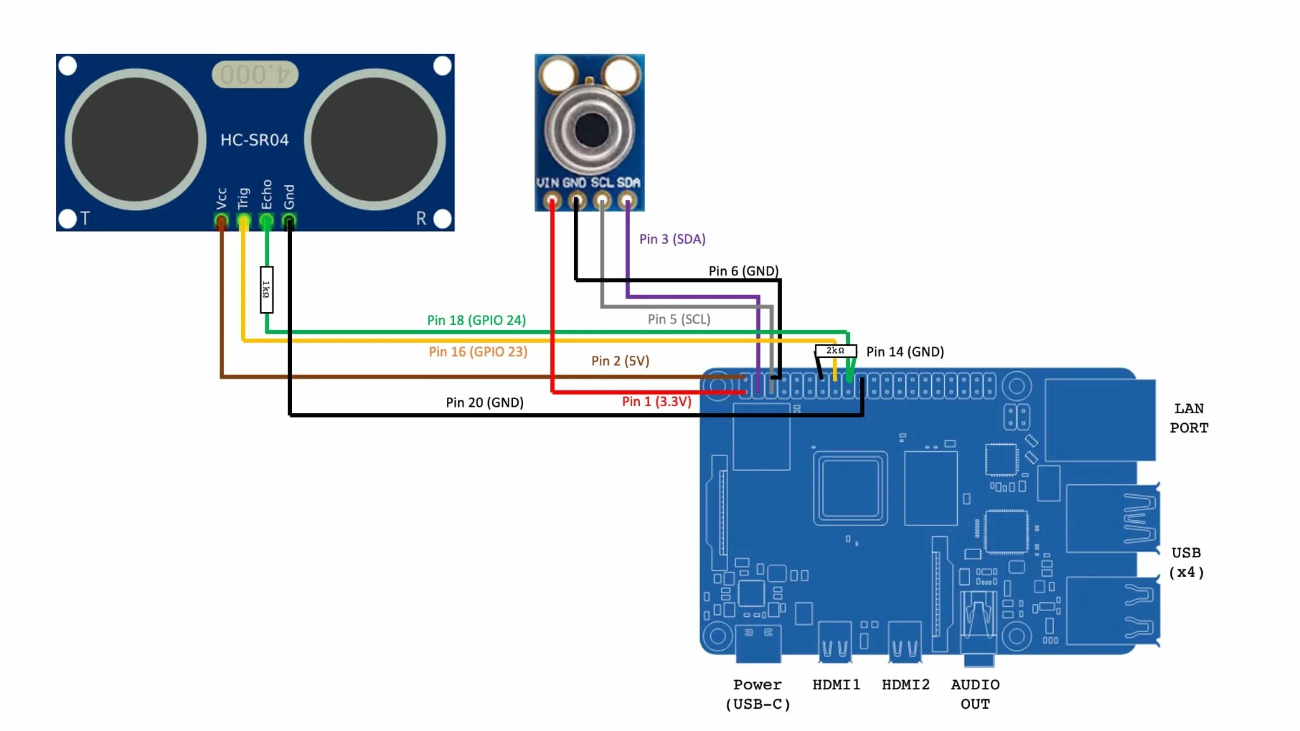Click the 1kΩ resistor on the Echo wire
pos(267,289)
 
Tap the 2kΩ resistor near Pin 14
pos(835,350)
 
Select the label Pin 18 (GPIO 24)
pos(476,320)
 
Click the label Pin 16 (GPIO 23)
pos(478,352)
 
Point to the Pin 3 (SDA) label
pos(672,239)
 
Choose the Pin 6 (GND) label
pos(743,271)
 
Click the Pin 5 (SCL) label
pos(679,319)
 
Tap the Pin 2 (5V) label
pos(620,361)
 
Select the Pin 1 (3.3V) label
pos(656,402)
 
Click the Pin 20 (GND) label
pos(484,402)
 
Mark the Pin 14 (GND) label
pos(905,352)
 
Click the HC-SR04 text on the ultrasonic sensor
pos(255,140)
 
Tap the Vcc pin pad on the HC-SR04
pos(221,221)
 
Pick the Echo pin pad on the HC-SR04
pos(267,221)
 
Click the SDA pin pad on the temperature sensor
pos(627,202)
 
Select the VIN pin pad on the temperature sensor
pos(552,202)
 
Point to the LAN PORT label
pos(1189,418)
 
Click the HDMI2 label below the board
pos(905,685)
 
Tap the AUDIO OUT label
pos(975,694)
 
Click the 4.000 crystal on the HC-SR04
pos(255,75)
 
